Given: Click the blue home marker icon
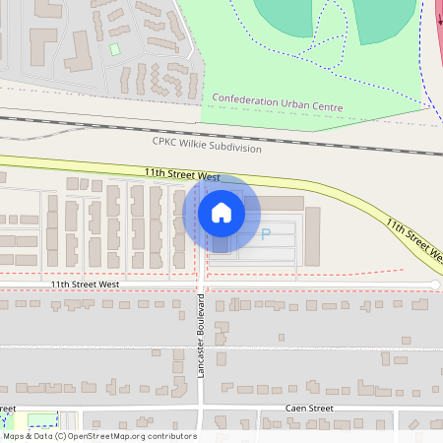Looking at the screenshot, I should click(x=221, y=212).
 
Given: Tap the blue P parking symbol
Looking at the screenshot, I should click(x=264, y=234).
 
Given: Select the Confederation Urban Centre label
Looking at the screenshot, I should click(x=278, y=99).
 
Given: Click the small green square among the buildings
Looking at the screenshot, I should click(x=114, y=49).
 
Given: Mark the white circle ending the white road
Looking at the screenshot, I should click(x=435, y=285).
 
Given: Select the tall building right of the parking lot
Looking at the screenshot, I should click(x=312, y=236).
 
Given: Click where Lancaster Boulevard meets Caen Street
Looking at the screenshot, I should click(x=201, y=409).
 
